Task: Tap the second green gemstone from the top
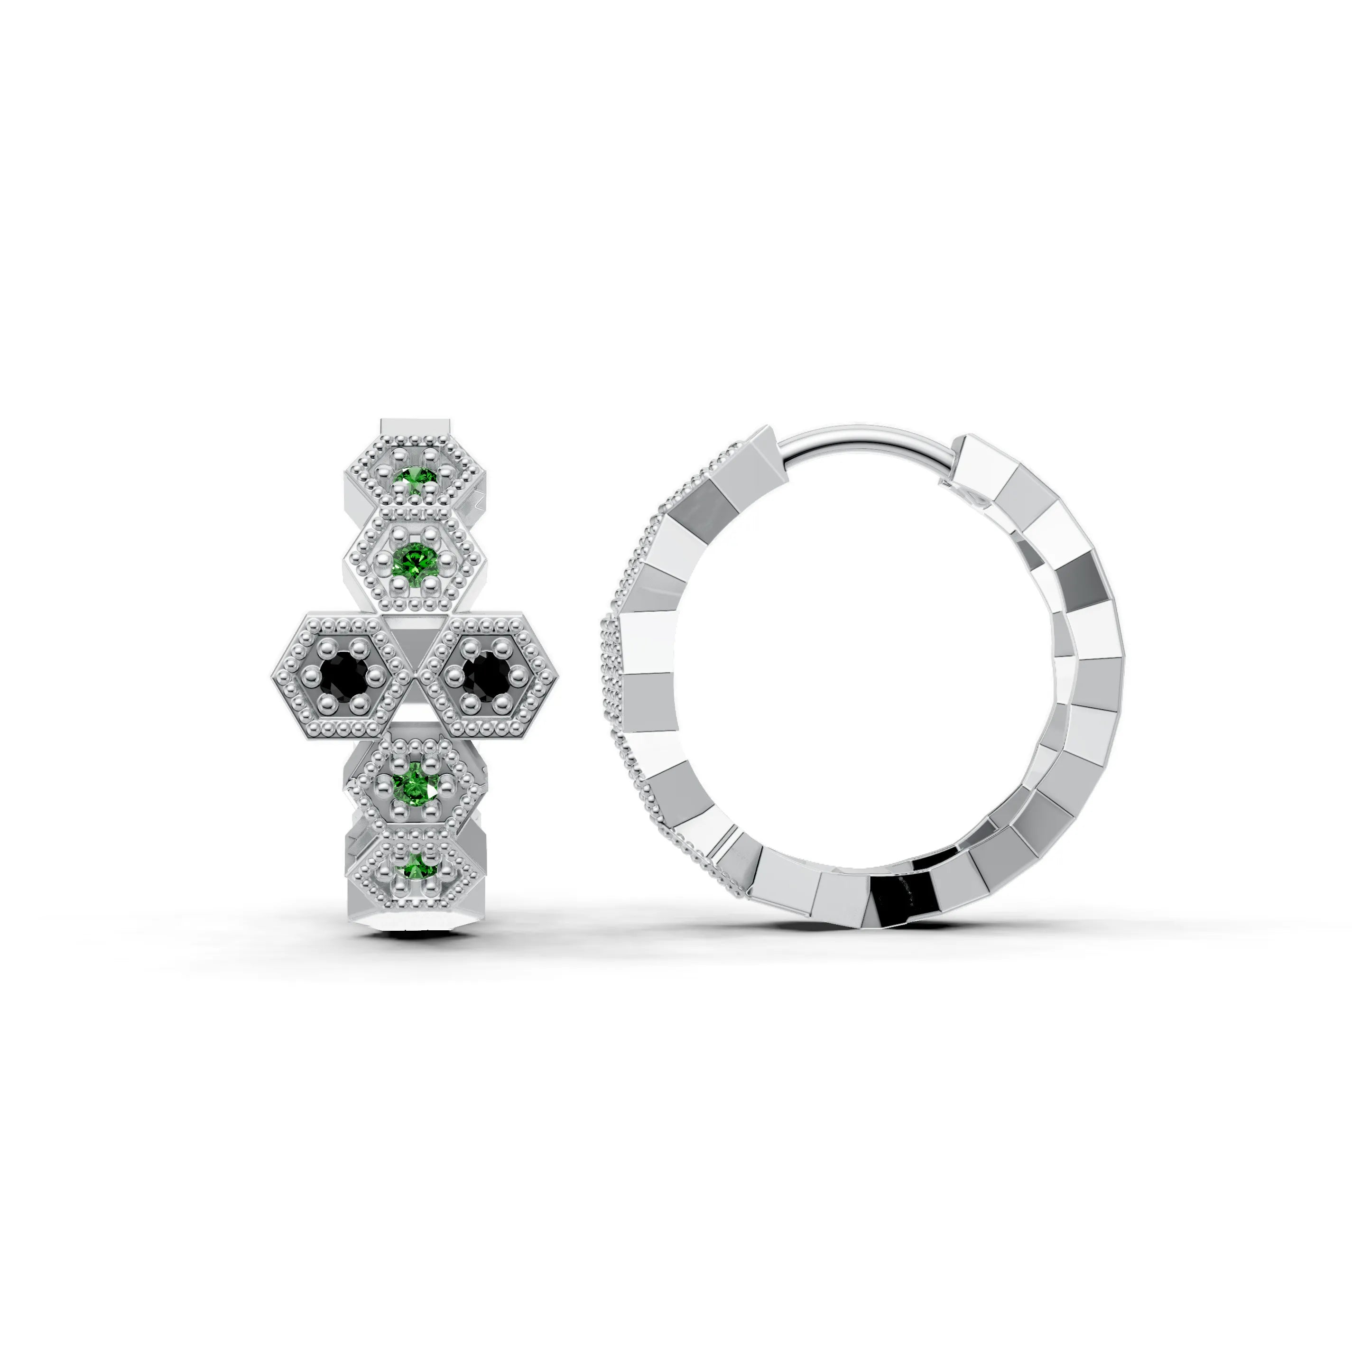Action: coord(415,559)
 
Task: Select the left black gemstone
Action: coord(343,674)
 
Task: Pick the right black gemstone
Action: coord(487,674)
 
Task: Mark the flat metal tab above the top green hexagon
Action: coord(415,427)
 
